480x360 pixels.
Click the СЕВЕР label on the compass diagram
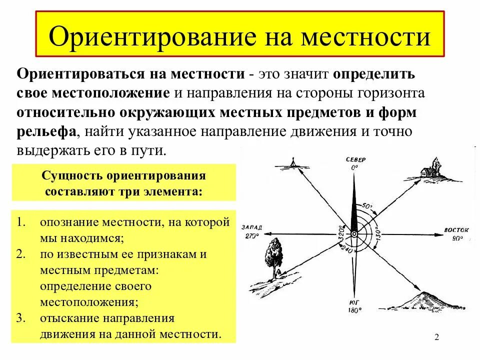(x=355, y=159)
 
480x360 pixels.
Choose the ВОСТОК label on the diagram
(x=456, y=230)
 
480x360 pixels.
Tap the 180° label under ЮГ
(x=354, y=310)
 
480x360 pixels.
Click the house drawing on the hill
(x=429, y=170)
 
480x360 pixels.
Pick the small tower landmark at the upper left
(x=293, y=161)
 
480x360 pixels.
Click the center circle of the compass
(x=354, y=233)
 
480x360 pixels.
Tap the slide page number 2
(x=436, y=337)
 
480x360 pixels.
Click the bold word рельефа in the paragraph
(x=46, y=131)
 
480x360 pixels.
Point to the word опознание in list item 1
(x=70, y=222)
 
